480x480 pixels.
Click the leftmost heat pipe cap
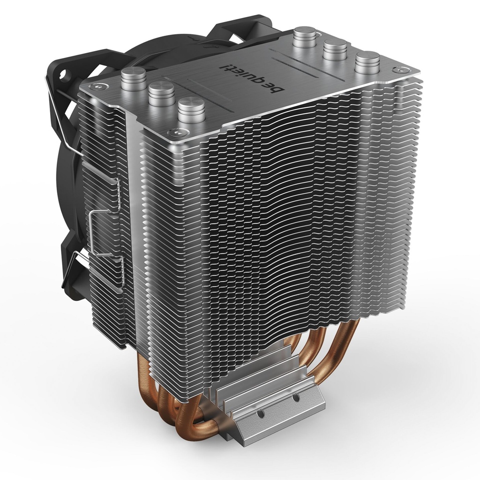133,80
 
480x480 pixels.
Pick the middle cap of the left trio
161,93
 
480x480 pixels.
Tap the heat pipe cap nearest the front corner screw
191,109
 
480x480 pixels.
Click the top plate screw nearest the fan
98,87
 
